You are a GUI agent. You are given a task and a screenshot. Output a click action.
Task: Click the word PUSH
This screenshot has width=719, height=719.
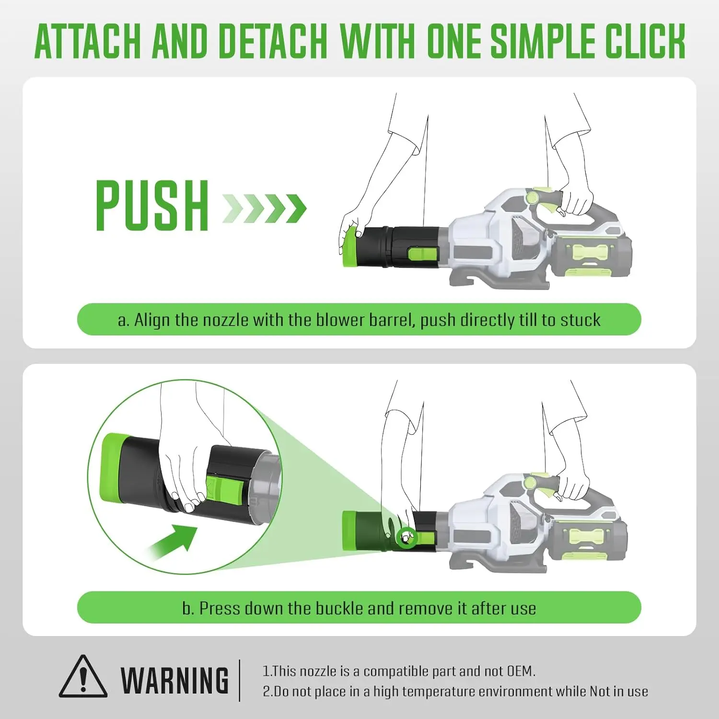point(152,206)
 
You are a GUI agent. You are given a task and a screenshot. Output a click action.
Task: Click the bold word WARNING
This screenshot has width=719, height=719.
point(175,681)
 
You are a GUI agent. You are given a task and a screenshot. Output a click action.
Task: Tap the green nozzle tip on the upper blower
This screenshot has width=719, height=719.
point(350,247)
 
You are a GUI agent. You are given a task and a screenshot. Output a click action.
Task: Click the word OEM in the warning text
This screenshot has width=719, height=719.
point(521,671)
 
